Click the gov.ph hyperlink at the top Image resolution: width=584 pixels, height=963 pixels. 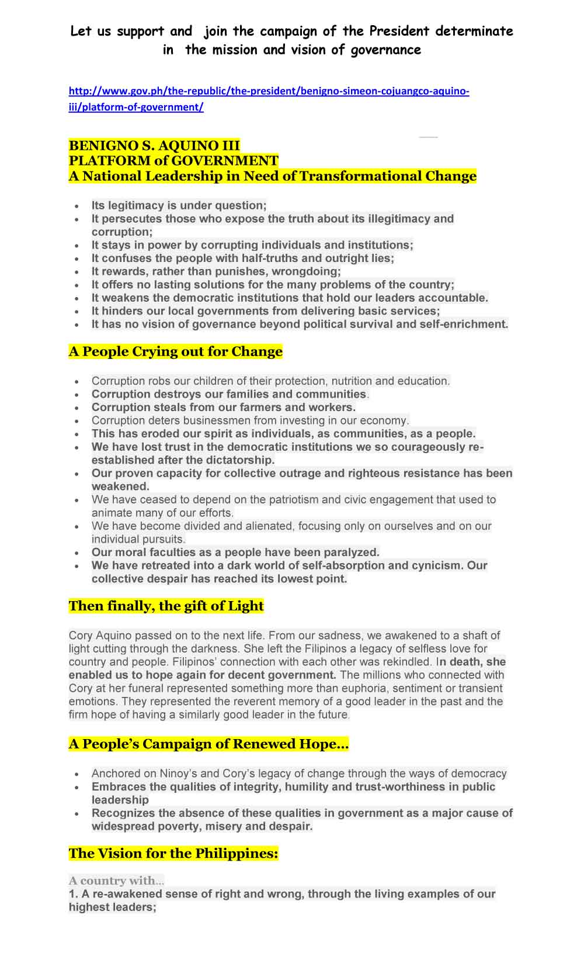269,91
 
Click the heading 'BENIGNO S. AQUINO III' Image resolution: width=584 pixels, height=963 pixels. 154,146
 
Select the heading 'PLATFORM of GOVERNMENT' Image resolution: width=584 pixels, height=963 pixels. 173,161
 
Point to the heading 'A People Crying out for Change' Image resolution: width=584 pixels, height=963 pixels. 175,351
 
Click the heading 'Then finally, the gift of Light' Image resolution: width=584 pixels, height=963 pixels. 166,606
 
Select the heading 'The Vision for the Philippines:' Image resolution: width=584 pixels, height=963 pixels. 173,853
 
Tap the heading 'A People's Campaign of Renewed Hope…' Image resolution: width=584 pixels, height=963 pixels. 208,744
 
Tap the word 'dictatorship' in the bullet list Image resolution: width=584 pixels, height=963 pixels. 239,460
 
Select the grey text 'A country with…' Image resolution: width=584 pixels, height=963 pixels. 116,881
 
